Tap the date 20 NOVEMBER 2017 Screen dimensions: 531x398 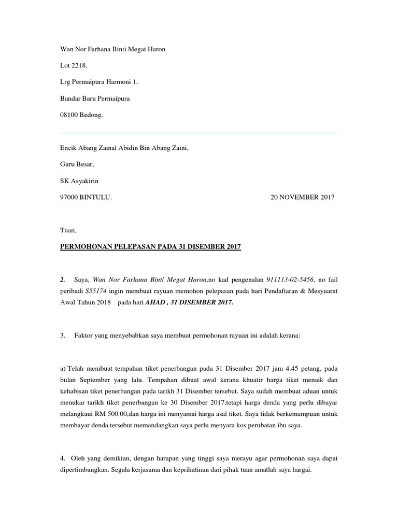(x=303, y=197)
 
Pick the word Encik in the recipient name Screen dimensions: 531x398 (x=69, y=148)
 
